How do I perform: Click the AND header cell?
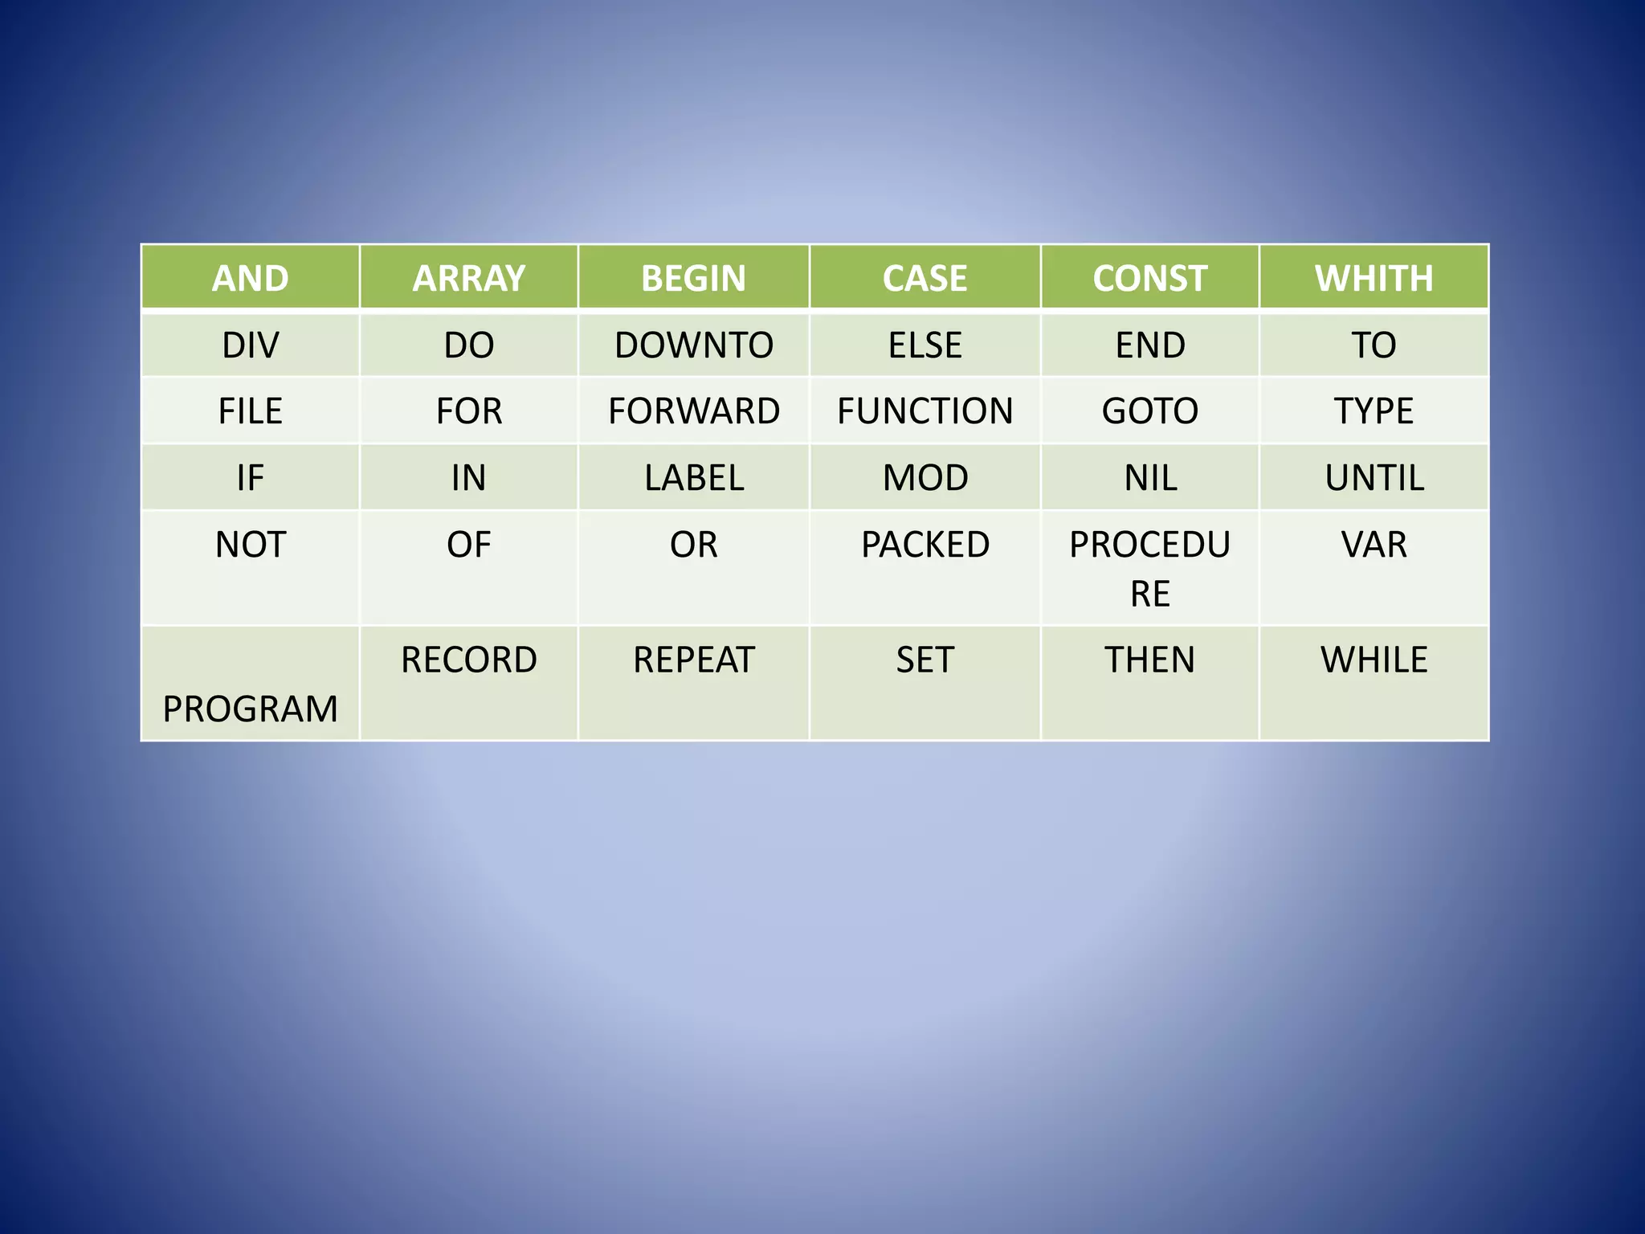[x=250, y=278]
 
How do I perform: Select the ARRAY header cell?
[x=468, y=278]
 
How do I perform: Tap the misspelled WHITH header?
[x=1374, y=278]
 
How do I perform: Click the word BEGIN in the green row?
[x=693, y=278]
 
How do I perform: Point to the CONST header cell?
[x=1149, y=278]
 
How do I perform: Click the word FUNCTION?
[x=925, y=411]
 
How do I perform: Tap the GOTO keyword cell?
[x=1149, y=411]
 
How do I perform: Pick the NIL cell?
[x=1149, y=478]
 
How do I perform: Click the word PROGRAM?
[x=250, y=709]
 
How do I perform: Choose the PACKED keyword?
[x=925, y=545]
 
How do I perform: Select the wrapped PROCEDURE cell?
[x=1149, y=568]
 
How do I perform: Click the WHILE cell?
[x=1374, y=660]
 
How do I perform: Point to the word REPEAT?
[x=693, y=660]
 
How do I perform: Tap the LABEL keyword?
[x=693, y=478]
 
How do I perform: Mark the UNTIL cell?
[x=1374, y=478]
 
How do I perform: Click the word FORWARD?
[x=693, y=411]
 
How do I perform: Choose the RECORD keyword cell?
[x=468, y=660]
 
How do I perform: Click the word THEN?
[x=1149, y=660]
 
